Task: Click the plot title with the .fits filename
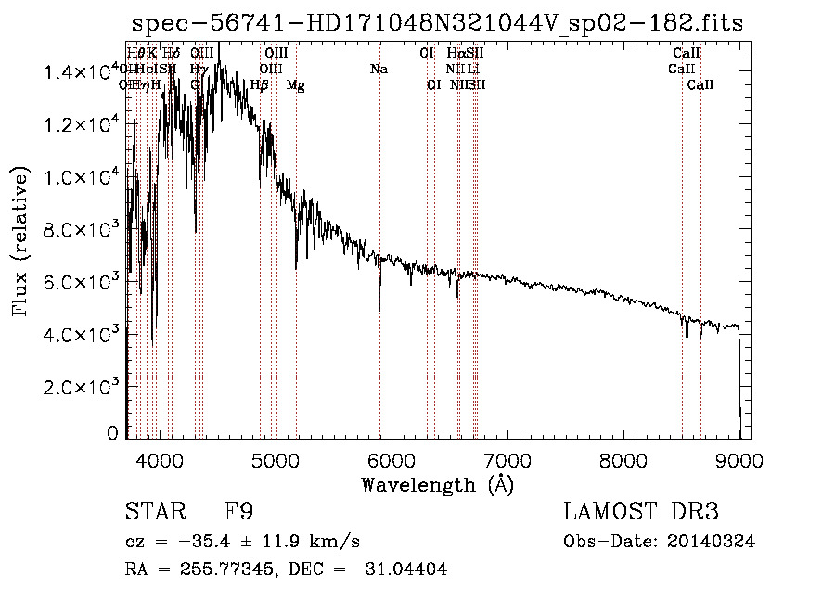point(437,23)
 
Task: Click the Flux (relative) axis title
point(20,241)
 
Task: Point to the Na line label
point(379,69)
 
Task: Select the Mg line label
point(295,85)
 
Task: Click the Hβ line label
point(260,85)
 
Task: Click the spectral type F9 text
point(239,511)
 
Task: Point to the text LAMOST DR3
point(641,511)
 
